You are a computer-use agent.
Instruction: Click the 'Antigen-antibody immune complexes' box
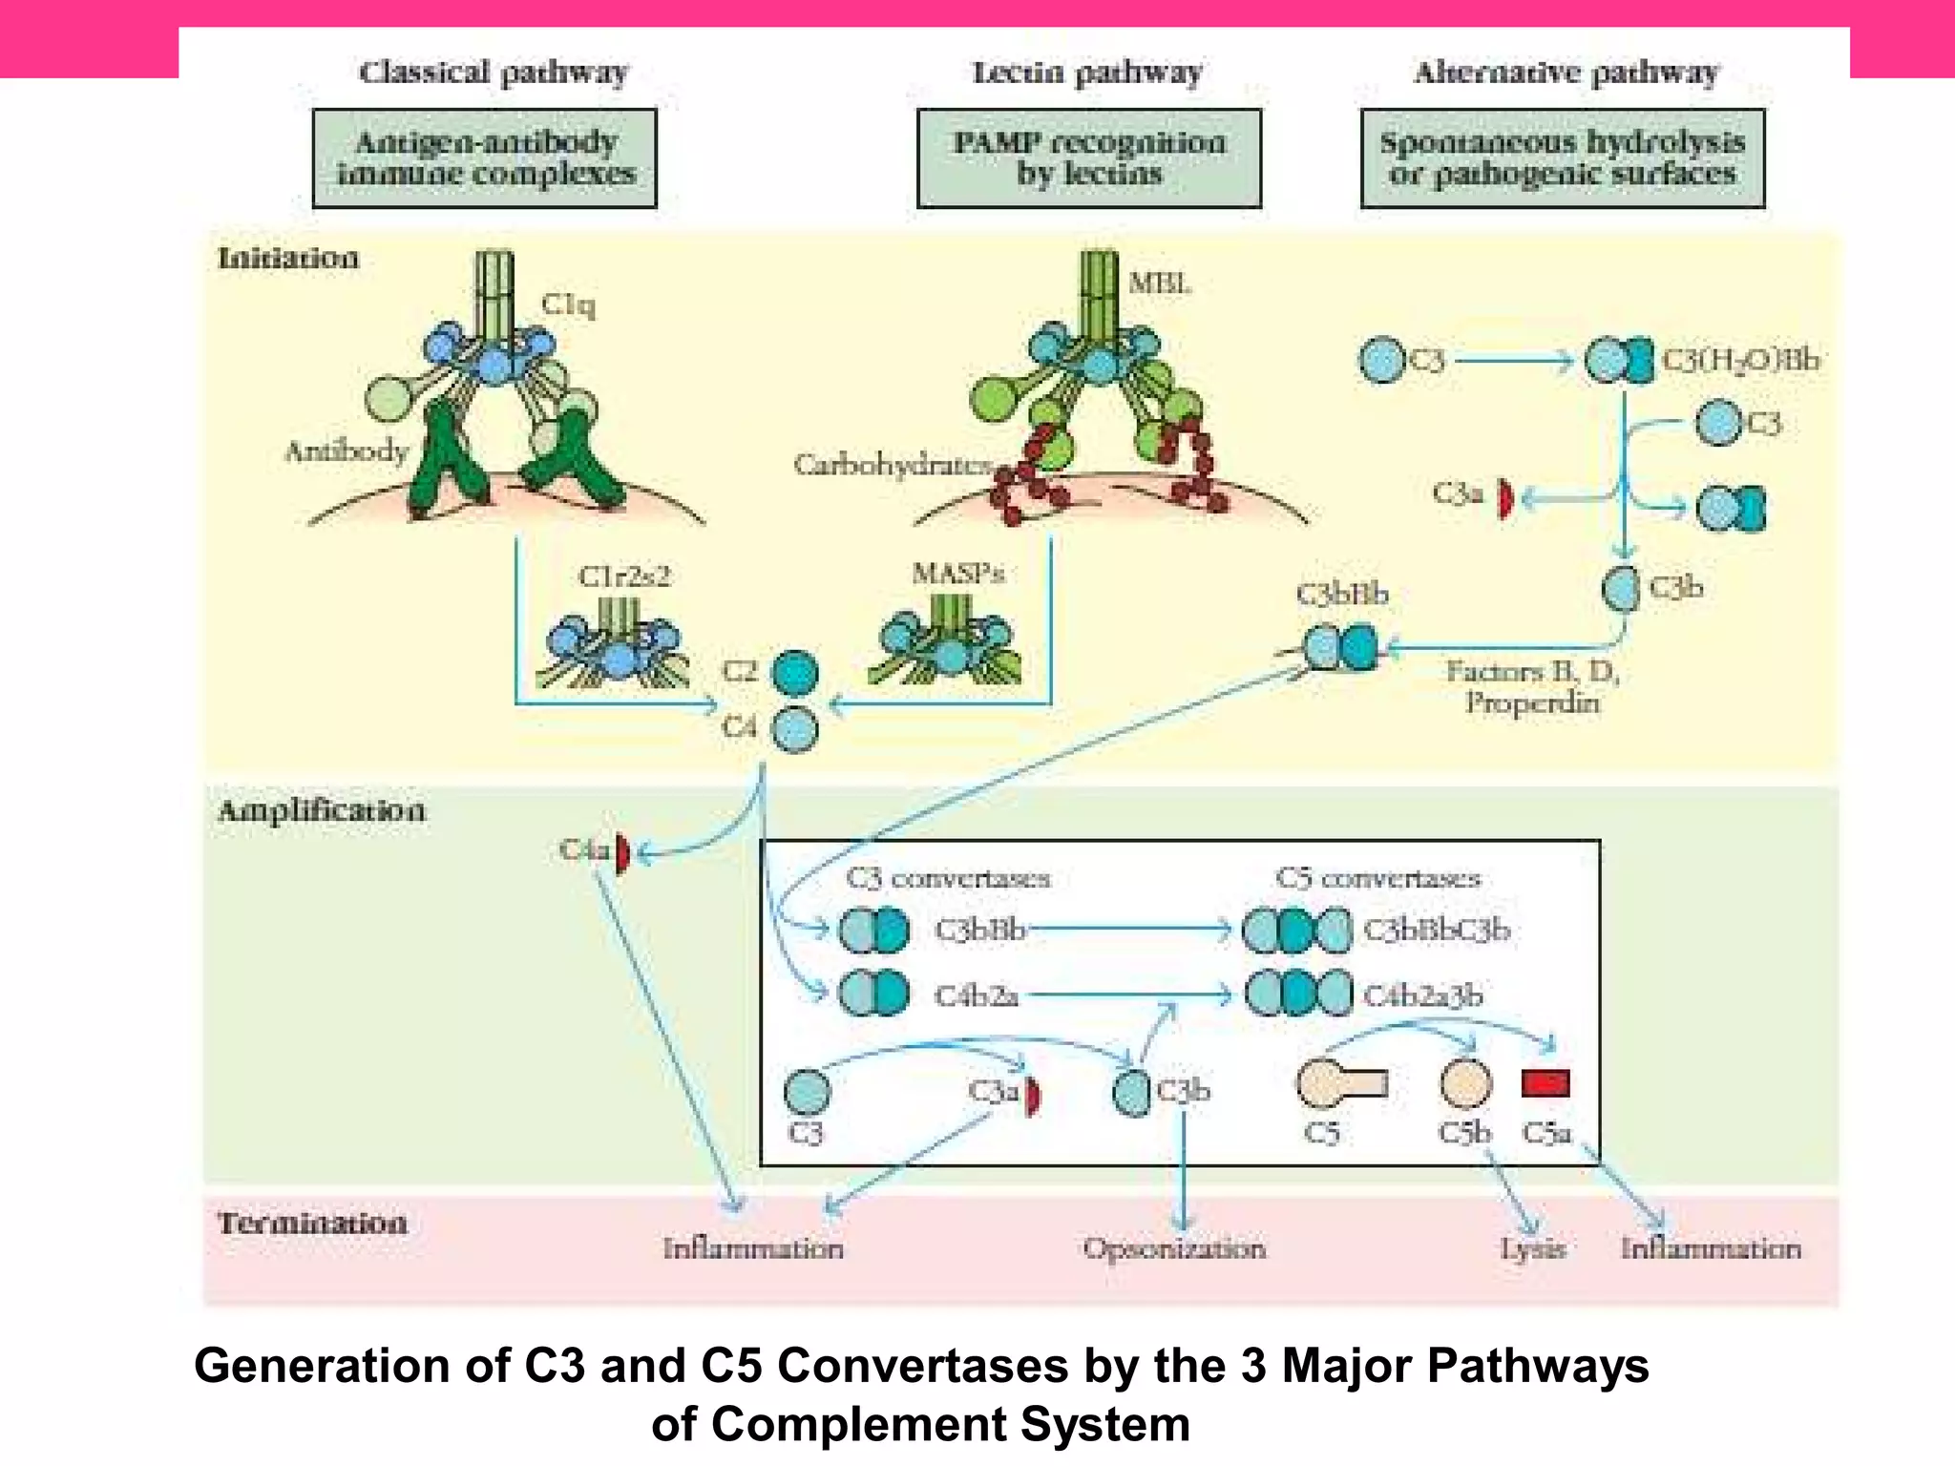pos(485,158)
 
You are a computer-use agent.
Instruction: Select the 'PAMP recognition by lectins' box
pos(1088,158)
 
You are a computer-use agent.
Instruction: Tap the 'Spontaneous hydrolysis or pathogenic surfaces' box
pos(1562,158)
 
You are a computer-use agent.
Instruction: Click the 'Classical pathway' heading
pos(494,73)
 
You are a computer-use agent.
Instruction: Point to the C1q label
pos(568,304)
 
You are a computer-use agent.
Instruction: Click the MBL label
pos(1159,283)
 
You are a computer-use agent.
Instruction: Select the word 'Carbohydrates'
pos(893,465)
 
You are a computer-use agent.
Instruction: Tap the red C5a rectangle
pos(1545,1083)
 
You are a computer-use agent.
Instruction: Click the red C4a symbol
pos(622,852)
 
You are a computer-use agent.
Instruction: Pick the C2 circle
pos(794,673)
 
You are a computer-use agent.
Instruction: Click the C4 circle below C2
pos(794,730)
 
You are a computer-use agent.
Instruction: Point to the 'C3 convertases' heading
pos(948,878)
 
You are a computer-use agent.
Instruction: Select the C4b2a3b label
pos(1422,995)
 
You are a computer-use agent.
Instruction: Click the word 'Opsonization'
pos(1174,1248)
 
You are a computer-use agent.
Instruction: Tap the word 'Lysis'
pos(1532,1248)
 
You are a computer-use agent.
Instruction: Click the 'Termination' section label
pos(312,1224)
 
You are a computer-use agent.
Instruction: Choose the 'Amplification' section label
pos(321,811)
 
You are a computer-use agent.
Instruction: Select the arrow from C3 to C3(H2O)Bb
pos(1513,361)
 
